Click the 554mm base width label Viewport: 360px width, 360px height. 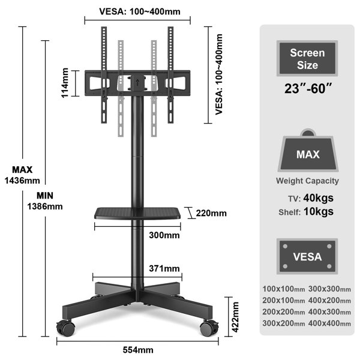click(138, 350)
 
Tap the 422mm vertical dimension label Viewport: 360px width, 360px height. click(235, 317)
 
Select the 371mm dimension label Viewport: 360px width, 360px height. click(164, 268)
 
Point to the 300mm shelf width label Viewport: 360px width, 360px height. click(164, 235)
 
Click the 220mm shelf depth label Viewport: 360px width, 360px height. click(211, 213)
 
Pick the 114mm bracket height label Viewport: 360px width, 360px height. click(65, 83)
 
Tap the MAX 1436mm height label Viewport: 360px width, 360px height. click(22, 175)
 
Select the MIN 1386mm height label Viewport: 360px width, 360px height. click(45, 201)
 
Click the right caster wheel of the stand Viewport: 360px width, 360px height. click(209, 328)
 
